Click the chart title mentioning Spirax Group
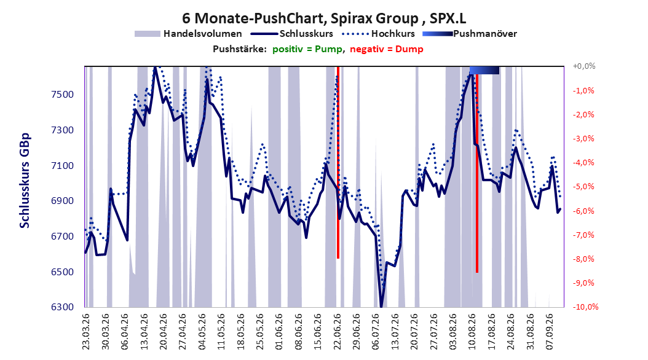(324, 18)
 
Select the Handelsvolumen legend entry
(189, 34)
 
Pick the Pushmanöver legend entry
(470, 34)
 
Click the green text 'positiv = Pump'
(307, 49)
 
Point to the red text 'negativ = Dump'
(387, 49)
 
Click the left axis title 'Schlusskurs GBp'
(25, 181)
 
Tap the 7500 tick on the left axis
(63, 95)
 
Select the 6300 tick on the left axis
(63, 307)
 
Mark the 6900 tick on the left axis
(63, 201)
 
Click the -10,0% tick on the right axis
(585, 307)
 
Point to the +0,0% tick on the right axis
(584, 66)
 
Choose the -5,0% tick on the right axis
(583, 187)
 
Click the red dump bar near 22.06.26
(338, 162)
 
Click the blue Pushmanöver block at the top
(484, 70)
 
